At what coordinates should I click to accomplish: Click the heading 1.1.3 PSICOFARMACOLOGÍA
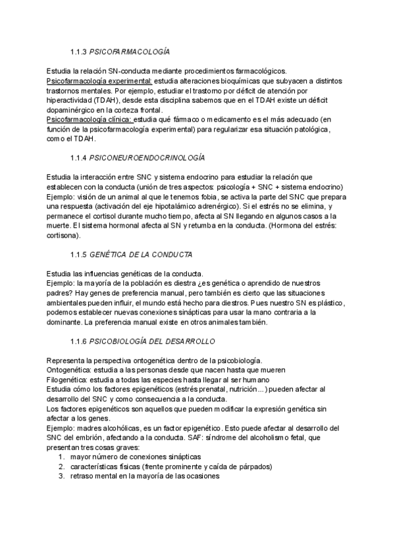(x=120, y=51)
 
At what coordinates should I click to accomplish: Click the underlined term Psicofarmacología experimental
(x=99, y=80)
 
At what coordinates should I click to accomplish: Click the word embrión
(x=93, y=437)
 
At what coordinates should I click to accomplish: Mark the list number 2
(x=61, y=467)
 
